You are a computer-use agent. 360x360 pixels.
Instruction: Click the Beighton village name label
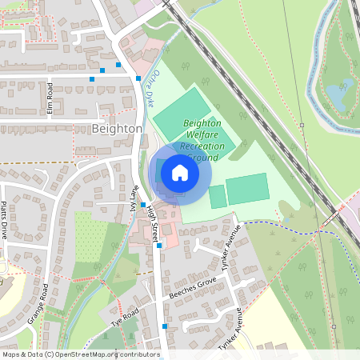tap(117, 128)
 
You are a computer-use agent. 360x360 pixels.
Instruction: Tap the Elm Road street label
tap(50, 98)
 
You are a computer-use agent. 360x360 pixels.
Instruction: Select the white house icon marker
tap(180, 172)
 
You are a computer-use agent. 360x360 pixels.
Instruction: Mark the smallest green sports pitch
tap(217, 197)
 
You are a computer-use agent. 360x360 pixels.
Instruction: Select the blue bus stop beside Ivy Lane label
tap(143, 205)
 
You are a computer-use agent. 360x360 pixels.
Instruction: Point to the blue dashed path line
tap(296, 227)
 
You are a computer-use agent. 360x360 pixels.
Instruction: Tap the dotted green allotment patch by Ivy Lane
tap(90, 236)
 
